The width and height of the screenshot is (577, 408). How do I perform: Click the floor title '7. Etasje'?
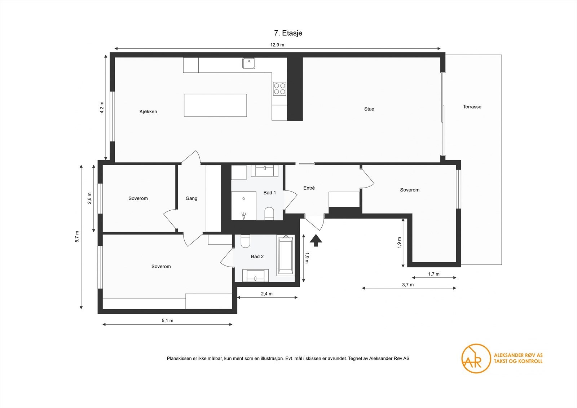click(288, 33)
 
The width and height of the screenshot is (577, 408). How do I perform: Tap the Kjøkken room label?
click(148, 111)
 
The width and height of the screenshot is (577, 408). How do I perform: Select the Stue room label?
click(369, 109)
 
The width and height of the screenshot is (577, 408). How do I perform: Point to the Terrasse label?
click(472, 107)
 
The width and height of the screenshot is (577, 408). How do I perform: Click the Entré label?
click(309, 188)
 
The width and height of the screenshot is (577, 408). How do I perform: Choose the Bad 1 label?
click(269, 193)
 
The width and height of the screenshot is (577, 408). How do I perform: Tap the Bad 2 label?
click(257, 256)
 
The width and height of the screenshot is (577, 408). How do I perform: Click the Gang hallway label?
click(191, 198)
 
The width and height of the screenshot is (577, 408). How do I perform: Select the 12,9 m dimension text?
click(277, 45)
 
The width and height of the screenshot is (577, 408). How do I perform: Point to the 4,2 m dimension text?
click(102, 108)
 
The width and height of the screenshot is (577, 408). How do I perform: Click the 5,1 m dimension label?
click(167, 321)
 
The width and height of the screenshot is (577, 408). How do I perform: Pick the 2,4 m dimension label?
click(267, 294)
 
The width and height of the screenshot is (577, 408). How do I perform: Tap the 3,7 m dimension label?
click(408, 285)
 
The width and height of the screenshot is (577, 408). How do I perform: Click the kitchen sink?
click(248, 63)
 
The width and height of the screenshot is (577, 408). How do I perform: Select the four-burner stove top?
click(279, 88)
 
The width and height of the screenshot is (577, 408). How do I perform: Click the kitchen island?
click(215, 105)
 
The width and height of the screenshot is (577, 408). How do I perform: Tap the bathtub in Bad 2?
click(285, 254)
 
